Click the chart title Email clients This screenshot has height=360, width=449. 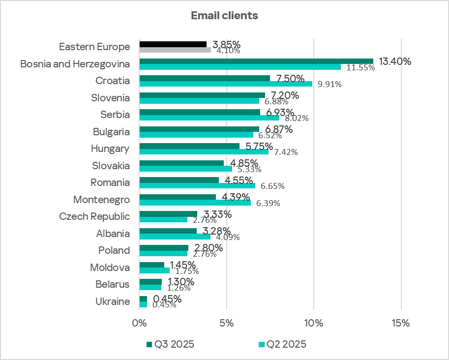224,15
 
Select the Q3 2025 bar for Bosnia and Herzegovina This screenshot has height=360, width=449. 256,61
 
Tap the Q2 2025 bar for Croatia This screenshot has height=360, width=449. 226,84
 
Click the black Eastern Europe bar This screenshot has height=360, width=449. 173,44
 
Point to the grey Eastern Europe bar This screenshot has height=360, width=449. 175,50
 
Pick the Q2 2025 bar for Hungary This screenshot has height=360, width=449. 204,151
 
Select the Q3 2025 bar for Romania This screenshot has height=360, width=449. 179,180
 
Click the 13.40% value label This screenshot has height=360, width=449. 394,61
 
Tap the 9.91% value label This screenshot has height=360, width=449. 329,84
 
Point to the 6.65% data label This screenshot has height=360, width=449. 272,186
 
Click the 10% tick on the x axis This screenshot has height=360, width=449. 314,324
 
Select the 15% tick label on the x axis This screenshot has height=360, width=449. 401,324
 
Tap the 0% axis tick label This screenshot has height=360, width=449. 140,324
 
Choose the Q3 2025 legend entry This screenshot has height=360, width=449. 170,344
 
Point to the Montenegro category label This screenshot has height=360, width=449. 101,200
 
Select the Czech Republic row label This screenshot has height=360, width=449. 94,216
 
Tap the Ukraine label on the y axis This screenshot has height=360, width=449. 113,301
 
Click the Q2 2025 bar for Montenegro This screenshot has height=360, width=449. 195,202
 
